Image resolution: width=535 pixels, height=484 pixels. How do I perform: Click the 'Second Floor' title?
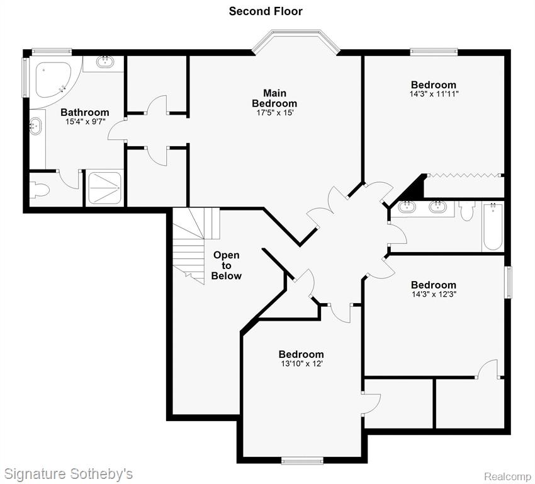266,11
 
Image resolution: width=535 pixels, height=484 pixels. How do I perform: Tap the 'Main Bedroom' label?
274,98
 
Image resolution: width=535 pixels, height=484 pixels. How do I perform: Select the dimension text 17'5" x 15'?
275,113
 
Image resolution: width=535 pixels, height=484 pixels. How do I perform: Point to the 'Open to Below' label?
226,265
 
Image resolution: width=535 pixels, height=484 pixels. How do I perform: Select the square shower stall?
104,188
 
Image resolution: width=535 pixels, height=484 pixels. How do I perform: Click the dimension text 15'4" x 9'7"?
85,122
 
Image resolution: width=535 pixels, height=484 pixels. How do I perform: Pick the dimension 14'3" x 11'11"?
434,94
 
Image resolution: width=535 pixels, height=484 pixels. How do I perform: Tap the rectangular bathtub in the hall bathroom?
493,226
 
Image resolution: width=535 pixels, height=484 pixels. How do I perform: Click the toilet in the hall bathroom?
466,210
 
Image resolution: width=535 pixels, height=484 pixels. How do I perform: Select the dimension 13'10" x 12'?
301,364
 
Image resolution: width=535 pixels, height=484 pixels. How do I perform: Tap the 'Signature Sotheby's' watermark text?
68,475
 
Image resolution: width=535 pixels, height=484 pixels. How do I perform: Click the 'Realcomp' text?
508,476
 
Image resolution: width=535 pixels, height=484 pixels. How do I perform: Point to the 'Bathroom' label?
85,112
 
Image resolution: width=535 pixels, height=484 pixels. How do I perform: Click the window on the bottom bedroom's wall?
302,461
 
